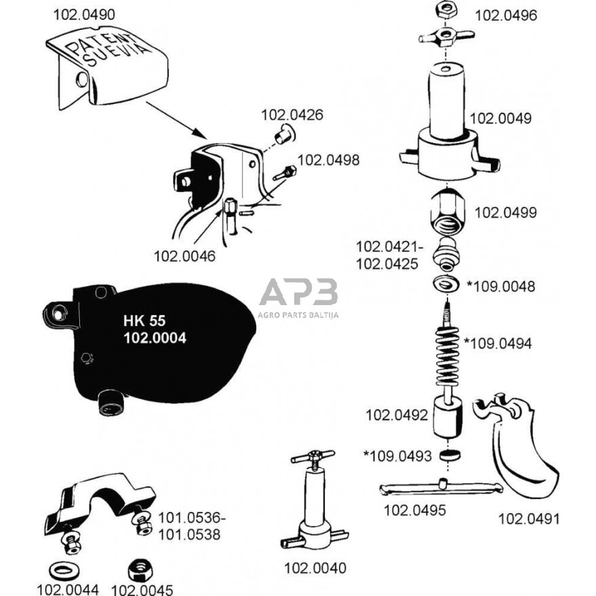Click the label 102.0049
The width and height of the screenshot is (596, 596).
[x=500, y=118]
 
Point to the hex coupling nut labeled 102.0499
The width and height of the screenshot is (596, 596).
[x=448, y=212]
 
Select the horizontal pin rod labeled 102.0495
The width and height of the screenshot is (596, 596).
[x=441, y=488]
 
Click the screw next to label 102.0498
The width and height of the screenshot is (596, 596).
[x=284, y=173]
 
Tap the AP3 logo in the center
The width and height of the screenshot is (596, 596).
[x=298, y=294]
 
